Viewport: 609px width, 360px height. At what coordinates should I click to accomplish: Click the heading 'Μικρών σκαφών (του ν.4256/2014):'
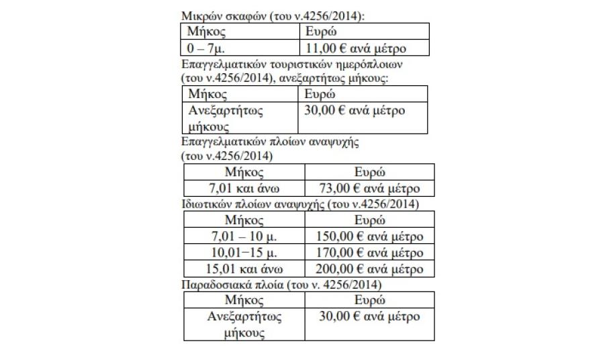pyautogui.click(x=273, y=16)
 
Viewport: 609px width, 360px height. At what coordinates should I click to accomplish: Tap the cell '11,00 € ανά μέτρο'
pyautogui.click(x=357, y=48)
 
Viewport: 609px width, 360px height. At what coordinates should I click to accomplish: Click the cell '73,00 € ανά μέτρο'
pyautogui.click(x=369, y=188)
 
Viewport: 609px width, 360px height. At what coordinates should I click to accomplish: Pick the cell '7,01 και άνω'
pyautogui.click(x=243, y=188)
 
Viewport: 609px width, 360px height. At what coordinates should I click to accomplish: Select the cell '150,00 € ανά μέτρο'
pyautogui.click(x=369, y=236)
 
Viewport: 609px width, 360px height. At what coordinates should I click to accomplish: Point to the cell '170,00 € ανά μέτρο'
pyautogui.click(x=369, y=253)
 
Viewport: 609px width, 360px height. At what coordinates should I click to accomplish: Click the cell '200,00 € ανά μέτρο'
pyautogui.click(x=369, y=269)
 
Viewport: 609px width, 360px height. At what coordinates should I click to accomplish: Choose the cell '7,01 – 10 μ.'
pyautogui.click(x=243, y=236)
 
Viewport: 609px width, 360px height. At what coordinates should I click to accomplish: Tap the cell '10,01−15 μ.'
pyautogui.click(x=243, y=253)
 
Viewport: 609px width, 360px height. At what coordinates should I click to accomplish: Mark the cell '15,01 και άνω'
pyautogui.click(x=243, y=269)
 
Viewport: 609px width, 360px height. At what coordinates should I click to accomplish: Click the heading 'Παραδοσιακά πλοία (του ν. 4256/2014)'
pyautogui.click(x=282, y=284)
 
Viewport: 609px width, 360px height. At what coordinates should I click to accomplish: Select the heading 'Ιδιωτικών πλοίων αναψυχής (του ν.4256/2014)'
pyautogui.click(x=300, y=204)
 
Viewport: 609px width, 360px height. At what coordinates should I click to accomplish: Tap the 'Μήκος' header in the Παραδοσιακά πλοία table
pyautogui.click(x=243, y=300)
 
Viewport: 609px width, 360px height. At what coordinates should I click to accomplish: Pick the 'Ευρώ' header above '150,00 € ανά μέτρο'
pyautogui.click(x=369, y=220)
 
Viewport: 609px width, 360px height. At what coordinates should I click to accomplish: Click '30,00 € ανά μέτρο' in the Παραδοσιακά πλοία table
pyautogui.click(x=369, y=316)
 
